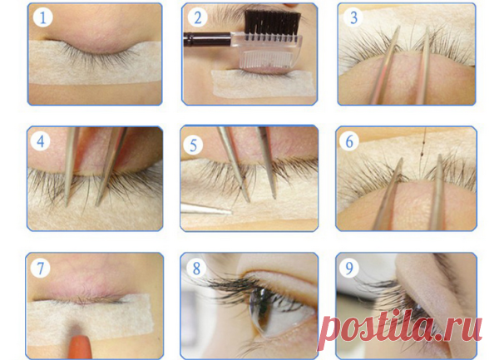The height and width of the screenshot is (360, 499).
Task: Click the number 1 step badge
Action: pos(42,17)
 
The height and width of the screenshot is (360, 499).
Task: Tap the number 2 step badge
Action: pos(197,17)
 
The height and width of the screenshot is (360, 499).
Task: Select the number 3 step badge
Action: pos(353,17)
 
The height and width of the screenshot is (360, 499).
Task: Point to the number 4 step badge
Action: pos(41,141)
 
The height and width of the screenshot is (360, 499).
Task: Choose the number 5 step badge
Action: pos(193,145)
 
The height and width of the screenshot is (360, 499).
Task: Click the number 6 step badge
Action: pos(349,141)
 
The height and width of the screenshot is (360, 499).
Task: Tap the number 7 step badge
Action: pos(40,268)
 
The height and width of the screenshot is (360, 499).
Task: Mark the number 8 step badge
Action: pos(196,268)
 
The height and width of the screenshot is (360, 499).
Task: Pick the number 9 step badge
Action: pos(349,268)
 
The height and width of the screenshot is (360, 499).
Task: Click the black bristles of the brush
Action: pos(273,22)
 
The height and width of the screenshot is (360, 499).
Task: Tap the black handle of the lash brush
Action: pos(207,39)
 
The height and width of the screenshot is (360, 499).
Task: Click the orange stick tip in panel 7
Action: pos(80,347)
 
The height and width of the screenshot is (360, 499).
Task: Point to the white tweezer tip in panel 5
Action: pos(206,210)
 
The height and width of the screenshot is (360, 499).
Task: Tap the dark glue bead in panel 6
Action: pos(421,154)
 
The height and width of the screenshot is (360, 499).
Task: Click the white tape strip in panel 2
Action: pos(264,83)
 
